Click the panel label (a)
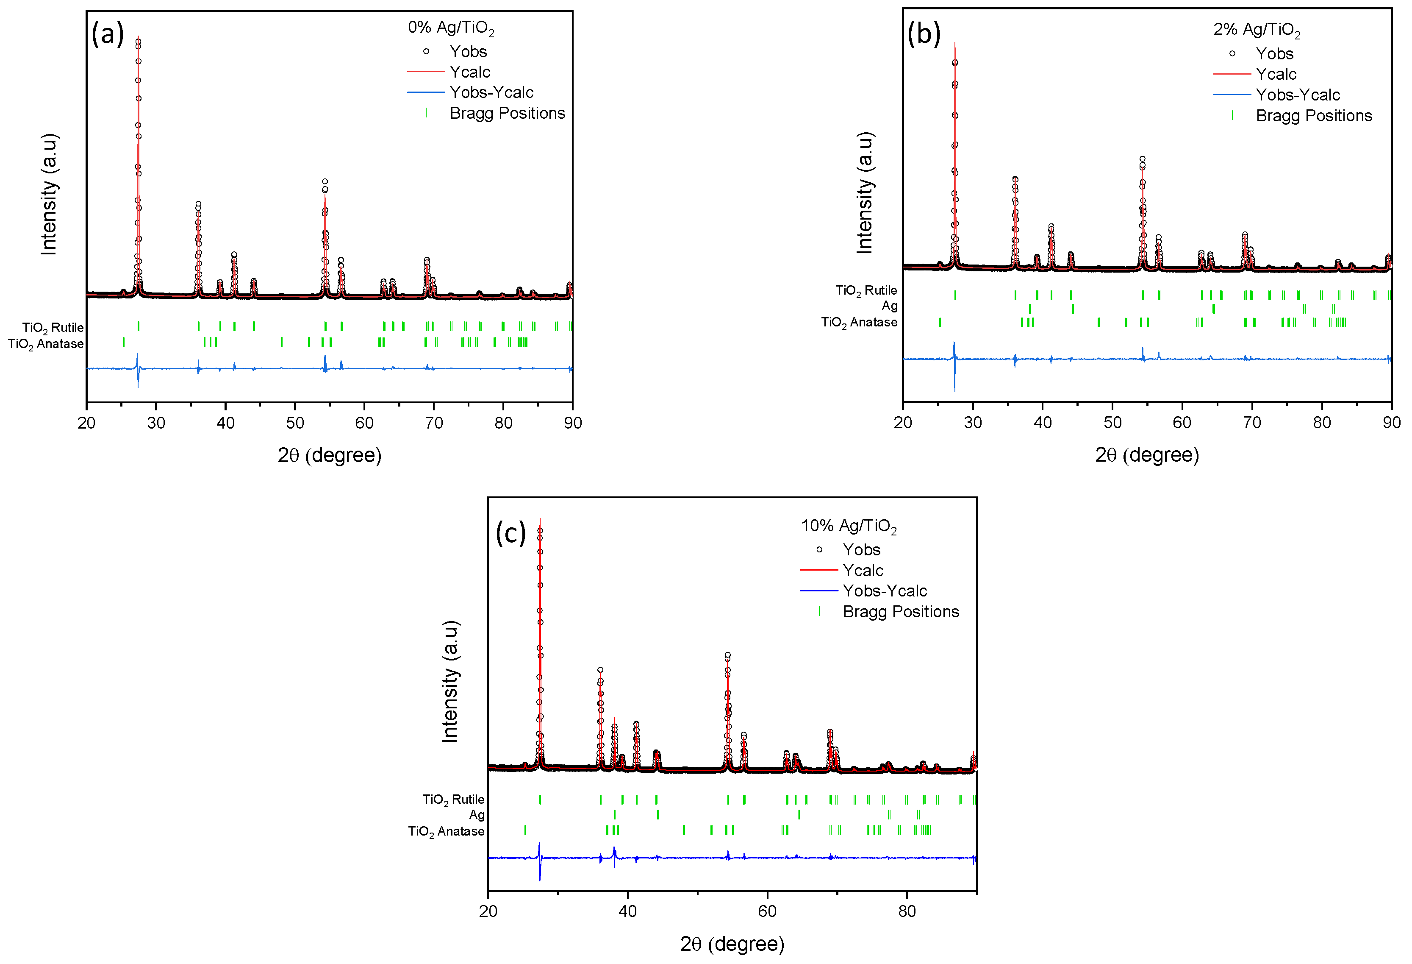click(x=108, y=34)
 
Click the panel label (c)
click(x=510, y=533)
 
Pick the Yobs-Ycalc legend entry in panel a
click(x=491, y=92)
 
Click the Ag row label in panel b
click(x=890, y=306)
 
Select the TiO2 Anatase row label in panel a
click(x=46, y=344)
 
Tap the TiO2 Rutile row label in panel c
click(x=453, y=799)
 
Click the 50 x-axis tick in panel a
click(x=295, y=423)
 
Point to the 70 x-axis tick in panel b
click(x=1251, y=422)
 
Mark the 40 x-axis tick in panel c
click(x=627, y=911)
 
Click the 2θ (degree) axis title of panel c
click(x=732, y=944)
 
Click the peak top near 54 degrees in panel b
click(x=1142, y=159)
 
